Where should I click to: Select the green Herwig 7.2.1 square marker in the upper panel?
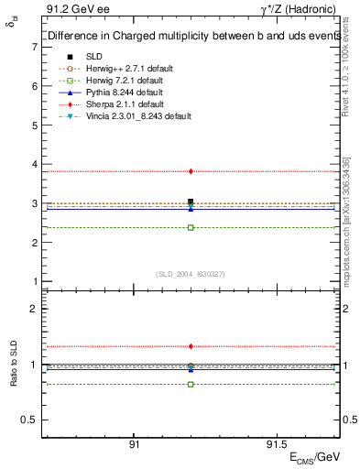click(191, 227)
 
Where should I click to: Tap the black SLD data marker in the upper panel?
click(191, 202)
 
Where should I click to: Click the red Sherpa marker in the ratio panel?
click(191, 346)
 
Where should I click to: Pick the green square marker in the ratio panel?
click(191, 384)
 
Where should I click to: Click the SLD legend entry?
click(95, 57)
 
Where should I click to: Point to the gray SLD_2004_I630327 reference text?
click(191, 274)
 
